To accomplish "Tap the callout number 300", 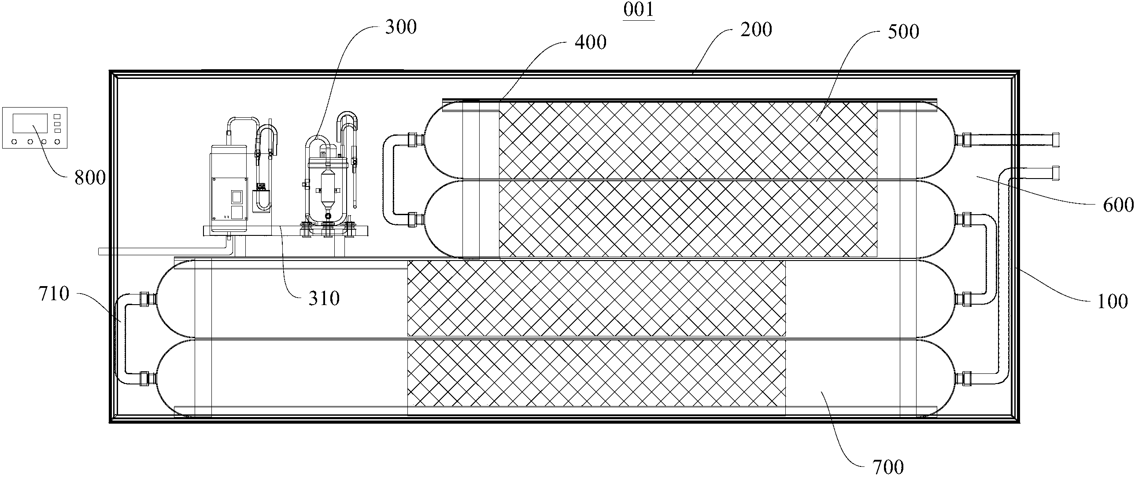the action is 401,27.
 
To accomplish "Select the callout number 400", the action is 591,42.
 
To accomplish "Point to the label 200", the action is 756,30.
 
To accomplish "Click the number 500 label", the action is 903,32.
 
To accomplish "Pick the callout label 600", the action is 1118,205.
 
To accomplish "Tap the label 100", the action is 1112,302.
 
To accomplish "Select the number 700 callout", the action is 888,467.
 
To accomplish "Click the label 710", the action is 54,294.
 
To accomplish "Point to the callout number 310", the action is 324,298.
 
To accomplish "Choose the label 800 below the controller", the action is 90,178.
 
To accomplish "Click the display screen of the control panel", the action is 30,123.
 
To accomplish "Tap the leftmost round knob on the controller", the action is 15,142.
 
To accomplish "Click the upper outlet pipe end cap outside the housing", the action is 1055,140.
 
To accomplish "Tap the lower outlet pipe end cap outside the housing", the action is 1055,173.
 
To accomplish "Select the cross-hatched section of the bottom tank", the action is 596,373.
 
